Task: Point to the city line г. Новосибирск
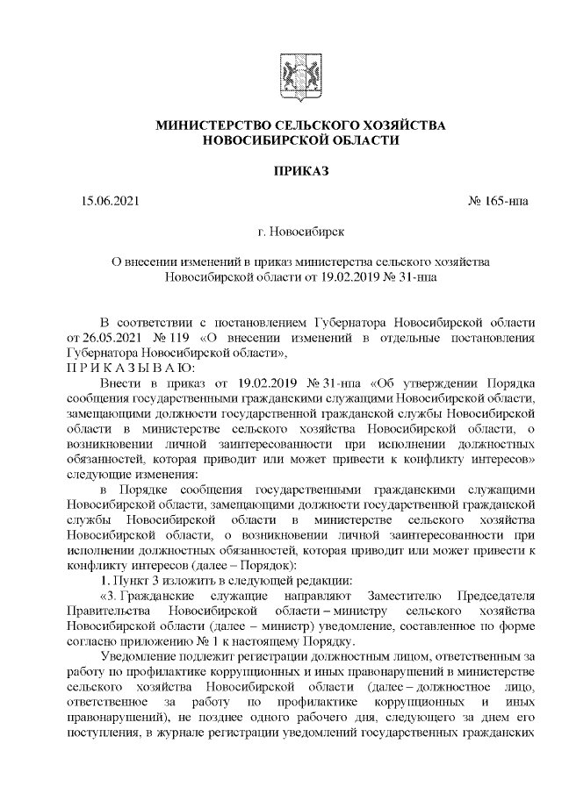click(301, 232)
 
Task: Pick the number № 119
click(172, 338)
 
